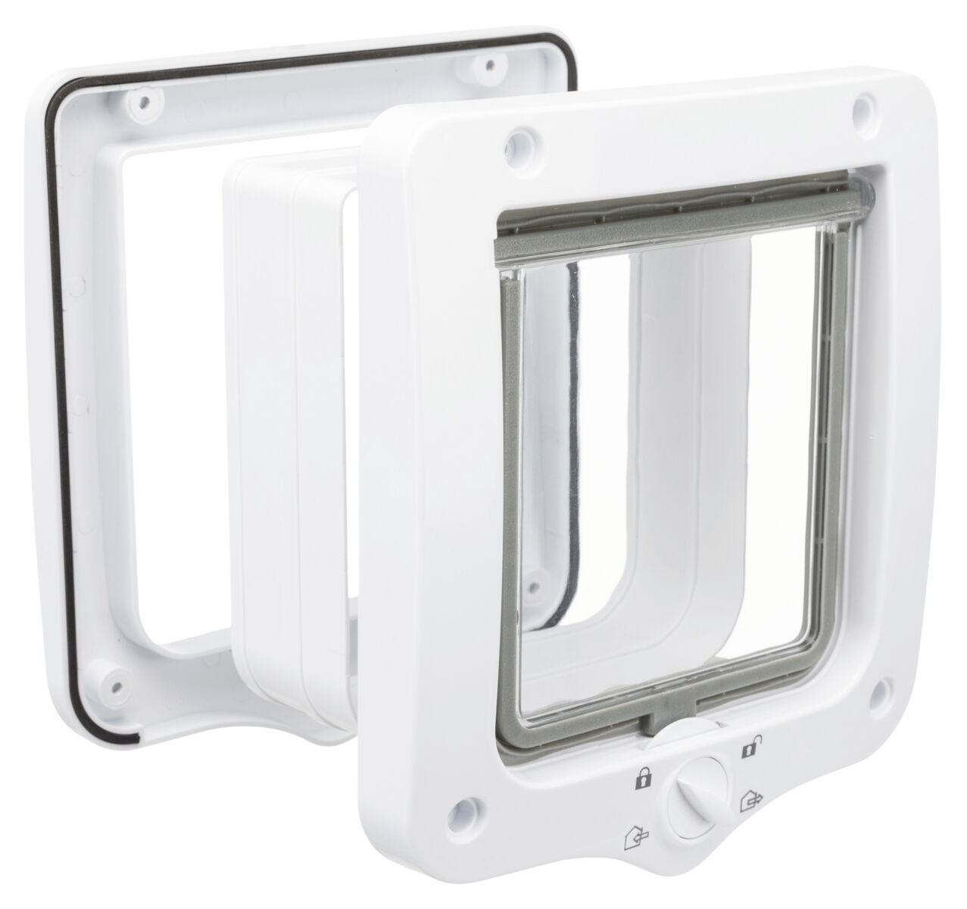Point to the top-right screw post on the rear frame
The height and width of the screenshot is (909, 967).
pos(491,63)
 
